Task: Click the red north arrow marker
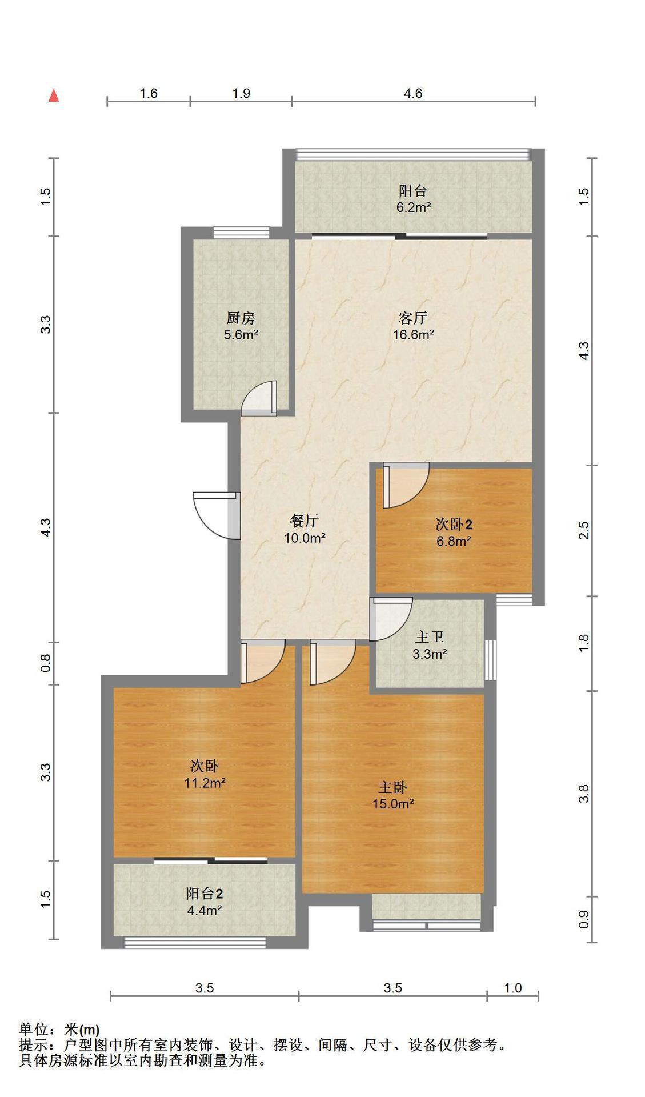tap(54, 95)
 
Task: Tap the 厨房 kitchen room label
tap(241, 318)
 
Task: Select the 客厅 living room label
tap(413, 318)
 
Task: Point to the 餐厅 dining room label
tap(305, 521)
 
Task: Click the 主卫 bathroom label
tap(430, 636)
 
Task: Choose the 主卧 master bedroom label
tap(393, 787)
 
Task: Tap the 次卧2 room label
tap(454, 523)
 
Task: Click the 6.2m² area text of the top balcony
tap(414, 207)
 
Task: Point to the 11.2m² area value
tap(205, 783)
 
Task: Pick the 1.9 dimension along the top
tap(241, 93)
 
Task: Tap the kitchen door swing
tap(259, 398)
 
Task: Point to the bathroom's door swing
tap(391, 619)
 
